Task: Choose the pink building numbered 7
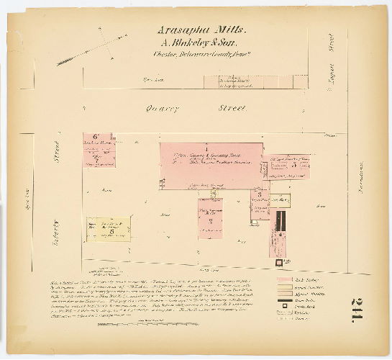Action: [210, 215]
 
